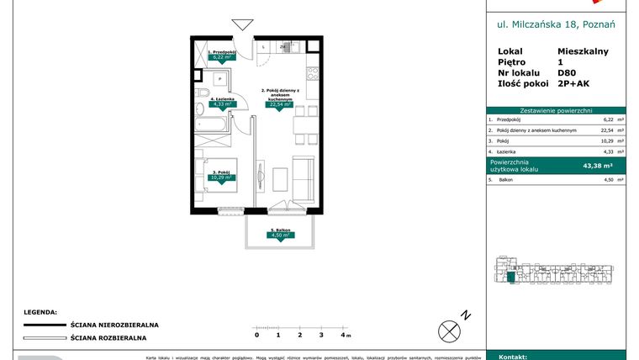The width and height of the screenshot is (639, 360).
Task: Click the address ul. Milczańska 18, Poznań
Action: click(556, 25)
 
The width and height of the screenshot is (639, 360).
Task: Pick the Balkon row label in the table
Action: click(505, 179)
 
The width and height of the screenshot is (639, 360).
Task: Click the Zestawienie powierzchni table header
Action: click(556, 110)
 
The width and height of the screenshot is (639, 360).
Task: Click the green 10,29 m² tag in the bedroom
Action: click(221, 177)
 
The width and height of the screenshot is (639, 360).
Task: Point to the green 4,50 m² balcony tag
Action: click(279, 236)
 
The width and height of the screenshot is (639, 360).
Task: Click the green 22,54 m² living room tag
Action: click(279, 105)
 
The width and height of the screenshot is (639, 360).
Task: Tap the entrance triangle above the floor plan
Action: click(242, 26)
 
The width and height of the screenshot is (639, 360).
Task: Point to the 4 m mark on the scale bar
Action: click(343, 335)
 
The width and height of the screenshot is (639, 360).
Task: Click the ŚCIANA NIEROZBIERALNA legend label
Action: click(114, 325)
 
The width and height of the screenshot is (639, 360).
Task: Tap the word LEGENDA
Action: click(40, 310)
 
